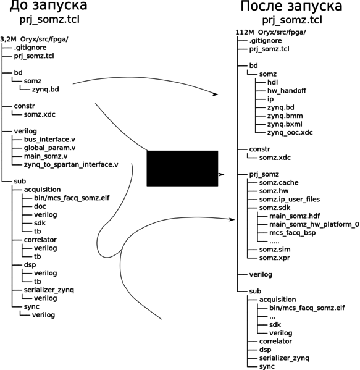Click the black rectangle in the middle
click(182, 168)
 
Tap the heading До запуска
click(48, 6)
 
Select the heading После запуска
click(291, 6)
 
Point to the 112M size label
click(245, 32)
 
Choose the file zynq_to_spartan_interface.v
click(71, 165)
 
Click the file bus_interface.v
click(49, 140)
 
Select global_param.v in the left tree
click(50, 148)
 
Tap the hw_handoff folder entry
click(287, 91)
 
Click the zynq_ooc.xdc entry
click(290, 133)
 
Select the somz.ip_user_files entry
click(290, 200)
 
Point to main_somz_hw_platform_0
click(314, 224)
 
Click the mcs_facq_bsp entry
click(293, 233)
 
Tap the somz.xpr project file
click(275, 258)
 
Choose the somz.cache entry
click(279, 183)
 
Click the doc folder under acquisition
click(40, 206)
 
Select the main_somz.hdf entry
click(295, 216)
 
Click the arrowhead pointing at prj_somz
click(221, 175)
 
